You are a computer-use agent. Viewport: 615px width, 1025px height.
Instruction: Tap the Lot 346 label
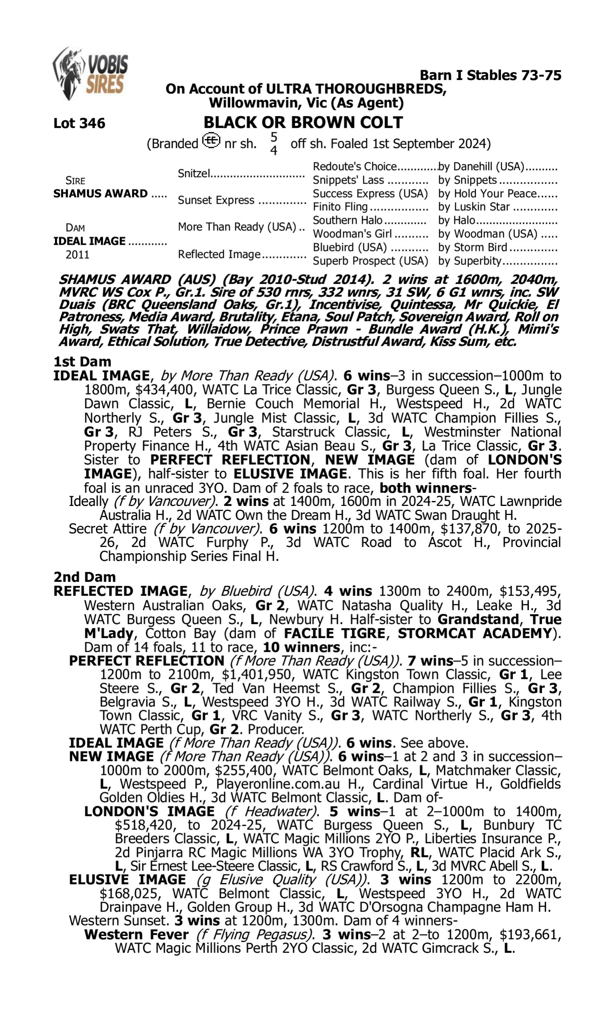tap(79, 123)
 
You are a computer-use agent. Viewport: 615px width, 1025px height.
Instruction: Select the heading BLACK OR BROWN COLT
tap(303, 122)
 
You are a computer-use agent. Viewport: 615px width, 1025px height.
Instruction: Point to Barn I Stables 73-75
tap(490, 75)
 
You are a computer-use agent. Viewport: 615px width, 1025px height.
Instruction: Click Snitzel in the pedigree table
tap(194, 173)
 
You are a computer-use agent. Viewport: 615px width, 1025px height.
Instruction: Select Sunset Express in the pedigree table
tap(216, 200)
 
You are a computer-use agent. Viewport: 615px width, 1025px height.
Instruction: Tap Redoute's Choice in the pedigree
tap(355, 166)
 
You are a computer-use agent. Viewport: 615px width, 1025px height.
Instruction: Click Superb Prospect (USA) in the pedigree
tap(370, 261)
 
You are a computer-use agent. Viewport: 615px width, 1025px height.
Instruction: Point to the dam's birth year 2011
tap(77, 255)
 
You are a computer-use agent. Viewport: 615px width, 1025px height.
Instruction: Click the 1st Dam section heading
tap(82, 362)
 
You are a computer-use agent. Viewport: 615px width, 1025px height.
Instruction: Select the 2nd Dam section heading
tap(84, 577)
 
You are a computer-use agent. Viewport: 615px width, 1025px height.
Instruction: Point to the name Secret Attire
tap(107, 529)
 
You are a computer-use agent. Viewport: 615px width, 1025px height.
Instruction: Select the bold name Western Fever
tap(137, 935)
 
